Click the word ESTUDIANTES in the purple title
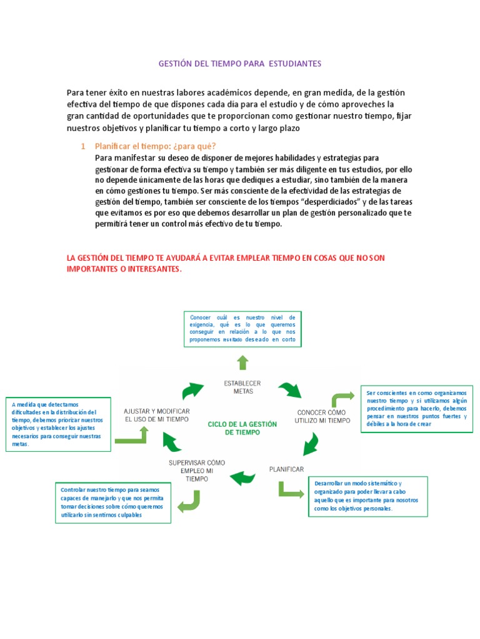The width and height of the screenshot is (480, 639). pos(294,64)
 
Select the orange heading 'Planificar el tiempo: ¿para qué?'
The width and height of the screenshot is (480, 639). pos(155,146)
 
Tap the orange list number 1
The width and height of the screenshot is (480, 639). pos(82,146)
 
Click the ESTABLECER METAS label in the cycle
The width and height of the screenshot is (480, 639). pos(242,387)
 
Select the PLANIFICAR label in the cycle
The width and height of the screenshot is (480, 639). pos(286,469)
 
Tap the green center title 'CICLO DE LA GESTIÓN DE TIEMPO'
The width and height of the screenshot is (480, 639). pos(242,427)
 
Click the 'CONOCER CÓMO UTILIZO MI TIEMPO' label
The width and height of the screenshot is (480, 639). pos(321,416)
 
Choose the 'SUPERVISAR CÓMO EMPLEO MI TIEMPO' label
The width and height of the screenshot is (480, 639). pos(197,471)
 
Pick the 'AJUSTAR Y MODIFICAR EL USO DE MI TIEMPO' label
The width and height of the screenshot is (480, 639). pos(157,415)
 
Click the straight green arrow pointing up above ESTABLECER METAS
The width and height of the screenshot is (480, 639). pos(242,363)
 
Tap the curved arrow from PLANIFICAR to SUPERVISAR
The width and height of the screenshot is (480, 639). pos(243,479)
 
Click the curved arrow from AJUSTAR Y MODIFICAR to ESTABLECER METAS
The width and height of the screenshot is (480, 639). pos(192,391)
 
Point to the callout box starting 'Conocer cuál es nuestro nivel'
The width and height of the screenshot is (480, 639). pos(242,328)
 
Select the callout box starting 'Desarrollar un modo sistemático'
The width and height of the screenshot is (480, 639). pos(368,496)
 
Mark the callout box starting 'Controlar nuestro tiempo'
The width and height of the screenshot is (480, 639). pos(112,502)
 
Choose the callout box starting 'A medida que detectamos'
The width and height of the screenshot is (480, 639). pos(57,424)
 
